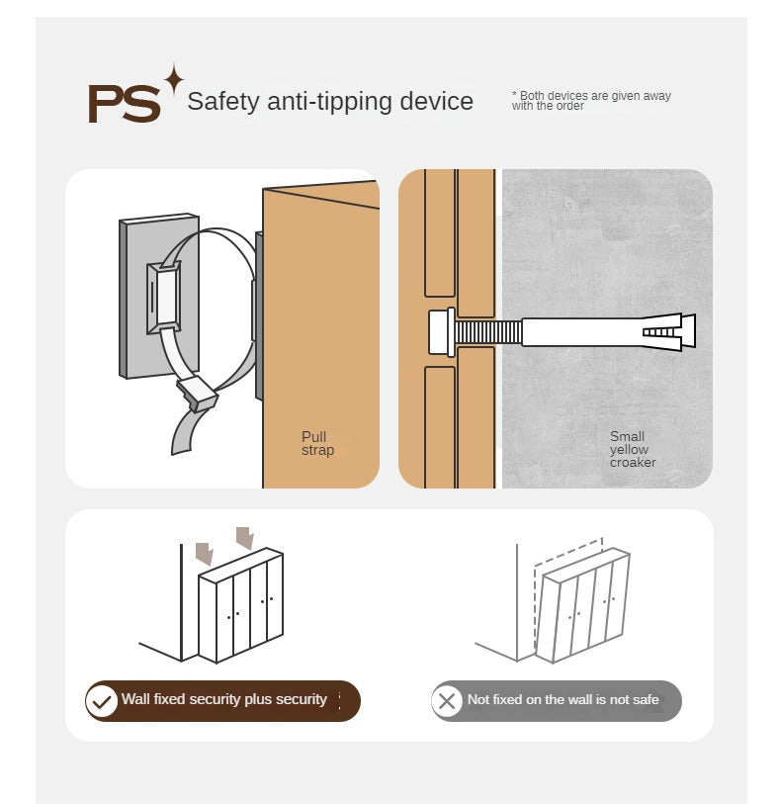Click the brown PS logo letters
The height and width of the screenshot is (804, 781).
[x=124, y=104]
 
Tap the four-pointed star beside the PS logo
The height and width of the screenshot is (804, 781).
[x=174, y=80]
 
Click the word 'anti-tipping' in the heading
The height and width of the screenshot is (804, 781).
[x=329, y=101]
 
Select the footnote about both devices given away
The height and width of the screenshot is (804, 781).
[x=591, y=101]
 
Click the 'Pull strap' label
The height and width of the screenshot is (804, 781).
[x=317, y=443]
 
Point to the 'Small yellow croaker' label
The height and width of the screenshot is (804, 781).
[x=633, y=449]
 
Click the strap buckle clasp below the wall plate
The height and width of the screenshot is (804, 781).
[x=198, y=394]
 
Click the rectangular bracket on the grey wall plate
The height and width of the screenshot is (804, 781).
[x=163, y=299]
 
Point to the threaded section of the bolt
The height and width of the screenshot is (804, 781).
[x=487, y=332]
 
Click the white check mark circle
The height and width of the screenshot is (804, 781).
[x=102, y=701]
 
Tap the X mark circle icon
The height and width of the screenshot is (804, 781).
[x=447, y=701]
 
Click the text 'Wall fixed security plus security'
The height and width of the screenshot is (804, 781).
[x=224, y=699]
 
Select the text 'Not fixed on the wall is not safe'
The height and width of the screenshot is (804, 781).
[x=563, y=699]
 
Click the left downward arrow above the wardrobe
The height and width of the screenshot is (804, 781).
[x=205, y=554]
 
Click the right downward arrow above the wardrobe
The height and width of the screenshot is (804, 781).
[x=245, y=538]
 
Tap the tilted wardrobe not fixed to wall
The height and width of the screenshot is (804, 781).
[x=582, y=605]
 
